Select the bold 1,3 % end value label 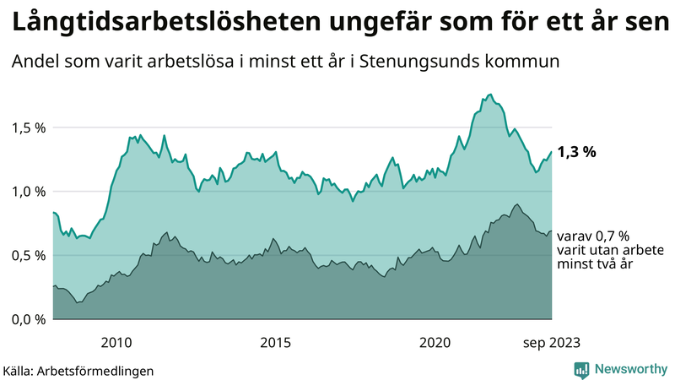tap(577, 152)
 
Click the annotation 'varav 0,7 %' tap(594, 236)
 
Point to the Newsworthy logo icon tap(581, 369)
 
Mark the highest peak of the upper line tap(490, 95)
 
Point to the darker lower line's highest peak tap(516, 204)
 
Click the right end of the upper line tap(551, 152)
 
